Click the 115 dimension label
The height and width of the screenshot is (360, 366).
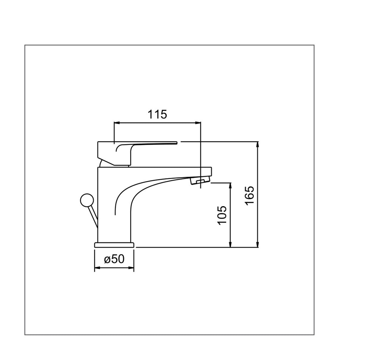point(157,114)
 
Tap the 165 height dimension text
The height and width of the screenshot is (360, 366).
point(249,195)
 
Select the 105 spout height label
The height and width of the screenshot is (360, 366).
point(222,215)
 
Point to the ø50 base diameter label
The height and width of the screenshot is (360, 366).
point(114,259)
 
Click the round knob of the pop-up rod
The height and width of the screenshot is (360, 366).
point(87,200)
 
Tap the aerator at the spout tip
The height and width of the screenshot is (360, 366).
point(200,181)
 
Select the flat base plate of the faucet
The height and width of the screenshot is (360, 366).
point(114,245)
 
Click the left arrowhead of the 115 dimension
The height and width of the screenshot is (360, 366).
point(117,122)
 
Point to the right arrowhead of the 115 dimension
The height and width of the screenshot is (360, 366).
point(198,122)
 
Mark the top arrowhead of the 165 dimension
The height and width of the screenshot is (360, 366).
point(258,144)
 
